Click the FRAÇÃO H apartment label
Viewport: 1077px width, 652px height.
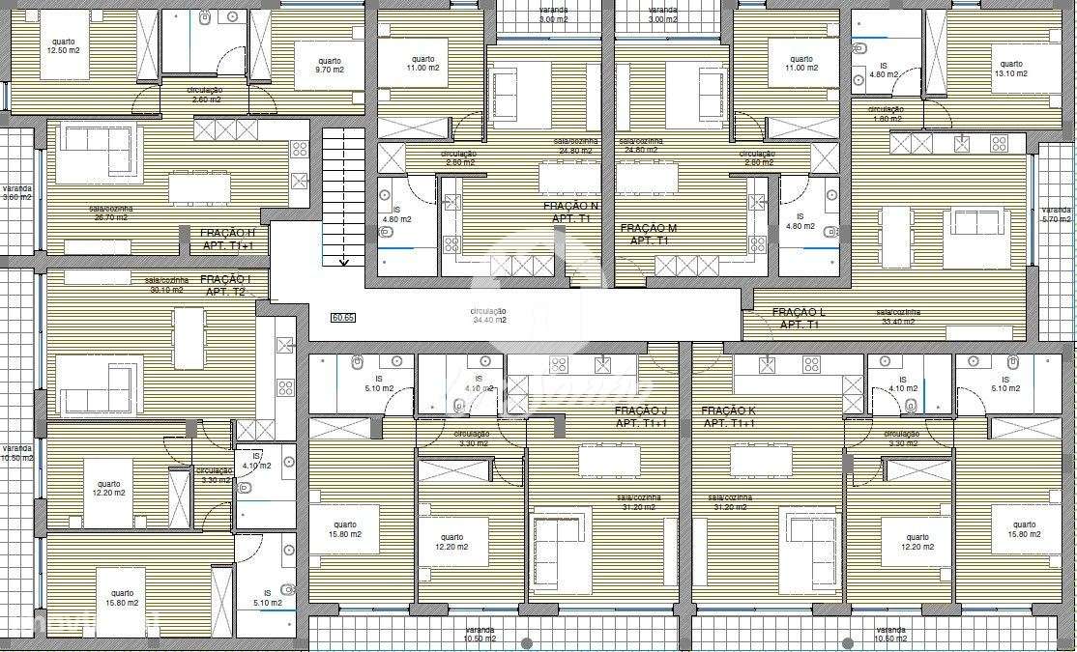[228, 240]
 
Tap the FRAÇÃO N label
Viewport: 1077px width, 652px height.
[570, 213]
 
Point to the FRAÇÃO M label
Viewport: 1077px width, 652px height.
[649, 234]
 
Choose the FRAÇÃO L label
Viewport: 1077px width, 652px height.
[799, 319]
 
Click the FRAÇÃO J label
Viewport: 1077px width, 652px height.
[642, 417]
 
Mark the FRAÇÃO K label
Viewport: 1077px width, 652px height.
[729, 417]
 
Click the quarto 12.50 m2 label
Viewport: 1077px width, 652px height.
[64, 46]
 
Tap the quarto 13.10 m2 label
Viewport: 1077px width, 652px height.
[1011, 68]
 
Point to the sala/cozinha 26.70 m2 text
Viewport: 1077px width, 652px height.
[111, 213]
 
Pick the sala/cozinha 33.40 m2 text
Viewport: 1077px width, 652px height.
[898, 317]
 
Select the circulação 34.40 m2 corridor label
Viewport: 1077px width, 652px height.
[488, 316]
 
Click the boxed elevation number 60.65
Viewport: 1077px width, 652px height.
[342, 317]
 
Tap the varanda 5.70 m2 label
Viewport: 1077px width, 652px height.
[1057, 214]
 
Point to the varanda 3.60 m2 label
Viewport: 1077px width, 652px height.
[16, 193]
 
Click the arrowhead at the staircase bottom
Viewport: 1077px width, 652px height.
[343, 261]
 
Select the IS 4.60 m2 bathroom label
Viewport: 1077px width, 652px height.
[884, 70]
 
